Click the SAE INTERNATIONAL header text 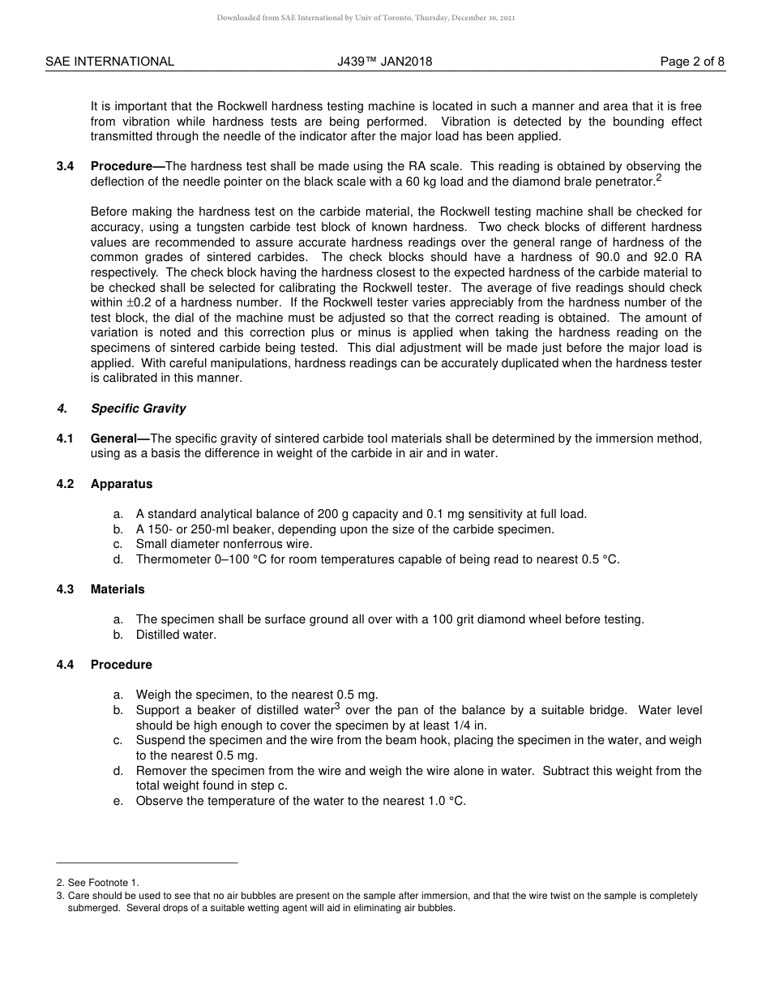click(x=109, y=62)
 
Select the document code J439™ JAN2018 click(x=385, y=62)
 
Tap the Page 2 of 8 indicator click(x=692, y=62)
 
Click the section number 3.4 click(x=65, y=166)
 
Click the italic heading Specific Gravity click(x=138, y=409)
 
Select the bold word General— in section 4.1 click(x=120, y=439)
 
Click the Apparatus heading click(x=122, y=484)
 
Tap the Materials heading click(x=118, y=589)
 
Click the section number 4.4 click(x=65, y=665)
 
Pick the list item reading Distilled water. click(x=176, y=635)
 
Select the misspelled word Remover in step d click(x=160, y=771)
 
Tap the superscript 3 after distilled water click(x=336, y=706)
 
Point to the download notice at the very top click(x=366, y=18)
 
